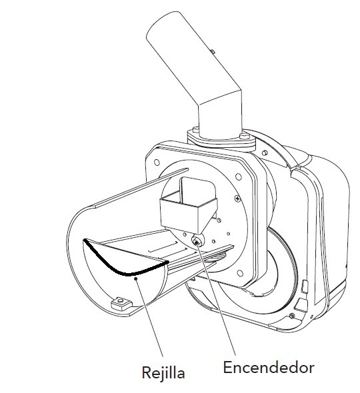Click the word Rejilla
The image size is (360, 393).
click(163, 372)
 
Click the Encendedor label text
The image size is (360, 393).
click(269, 368)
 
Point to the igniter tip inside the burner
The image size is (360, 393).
click(197, 242)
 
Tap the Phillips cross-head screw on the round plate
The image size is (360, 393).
click(237, 198)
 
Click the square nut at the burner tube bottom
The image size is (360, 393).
click(121, 303)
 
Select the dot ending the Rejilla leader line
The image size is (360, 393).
click(136, 278)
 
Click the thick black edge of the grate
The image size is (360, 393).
click(121, 266)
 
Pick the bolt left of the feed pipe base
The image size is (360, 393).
click(195, 130)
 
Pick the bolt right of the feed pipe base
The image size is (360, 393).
click(245, 136)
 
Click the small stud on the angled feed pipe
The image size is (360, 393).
click(213, 51)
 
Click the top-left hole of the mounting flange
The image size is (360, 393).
click(157, 163)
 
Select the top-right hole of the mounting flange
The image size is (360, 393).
click(239, 177)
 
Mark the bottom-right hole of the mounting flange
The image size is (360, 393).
click(241, 273)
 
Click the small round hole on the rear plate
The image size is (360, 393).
click(265, 153)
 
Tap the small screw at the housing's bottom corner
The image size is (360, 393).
click(291, 316)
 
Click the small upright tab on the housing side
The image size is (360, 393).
click(304, 286)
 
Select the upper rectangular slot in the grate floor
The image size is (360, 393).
click(163, 247)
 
